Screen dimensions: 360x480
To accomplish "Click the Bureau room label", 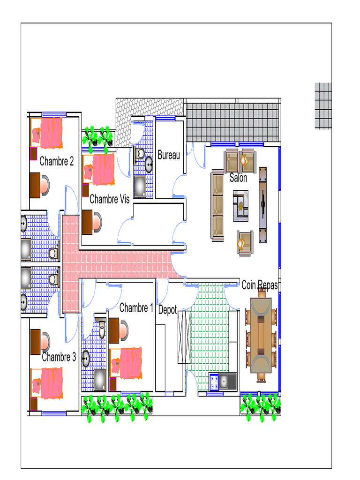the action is (x=169, y=155).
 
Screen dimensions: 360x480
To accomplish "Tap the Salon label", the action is (x=238, y=178).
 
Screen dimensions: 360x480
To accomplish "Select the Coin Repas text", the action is (x=260, y=285).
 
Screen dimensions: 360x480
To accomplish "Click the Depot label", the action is (x=167, y=310).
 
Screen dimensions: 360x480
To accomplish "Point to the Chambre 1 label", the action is (x=135, y=307).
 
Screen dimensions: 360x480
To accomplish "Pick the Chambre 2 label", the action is (x=57, y=161).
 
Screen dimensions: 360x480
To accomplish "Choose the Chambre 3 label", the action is (x=59, y=357).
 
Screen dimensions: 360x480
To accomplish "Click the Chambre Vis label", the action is (x=109, y=199).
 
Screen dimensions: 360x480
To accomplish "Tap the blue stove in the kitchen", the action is (x=214, y=382).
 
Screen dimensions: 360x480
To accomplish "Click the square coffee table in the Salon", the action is (x=240, y=206).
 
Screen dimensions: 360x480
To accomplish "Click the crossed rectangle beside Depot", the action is (x=184, y=337).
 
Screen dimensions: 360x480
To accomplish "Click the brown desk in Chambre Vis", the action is (x=87, y=222).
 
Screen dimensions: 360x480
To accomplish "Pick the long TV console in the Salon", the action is (x=262, y=205).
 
